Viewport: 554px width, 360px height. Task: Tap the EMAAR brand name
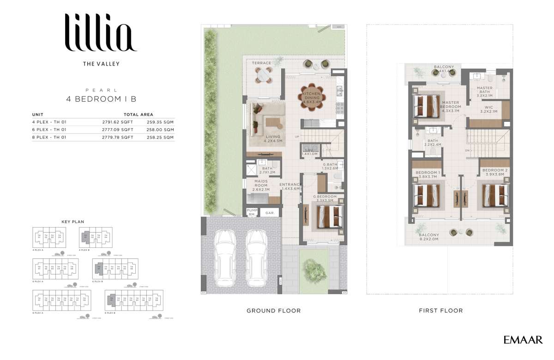tap(523, 340)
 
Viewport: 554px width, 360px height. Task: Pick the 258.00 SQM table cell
tap(160, 130)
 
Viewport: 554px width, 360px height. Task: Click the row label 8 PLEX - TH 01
tap(49, 137)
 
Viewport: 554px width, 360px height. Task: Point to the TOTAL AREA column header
tap(138, 114)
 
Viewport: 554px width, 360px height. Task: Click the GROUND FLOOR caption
tap(273, 311)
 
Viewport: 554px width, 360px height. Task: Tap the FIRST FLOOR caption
tap(440, 311)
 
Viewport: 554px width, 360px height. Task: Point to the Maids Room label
tap(261, 185)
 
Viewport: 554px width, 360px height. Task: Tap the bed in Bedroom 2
tap(495, 195)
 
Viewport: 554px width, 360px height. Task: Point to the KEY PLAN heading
tap(72, 222)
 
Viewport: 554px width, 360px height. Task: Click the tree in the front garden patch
tap(313, 267)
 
